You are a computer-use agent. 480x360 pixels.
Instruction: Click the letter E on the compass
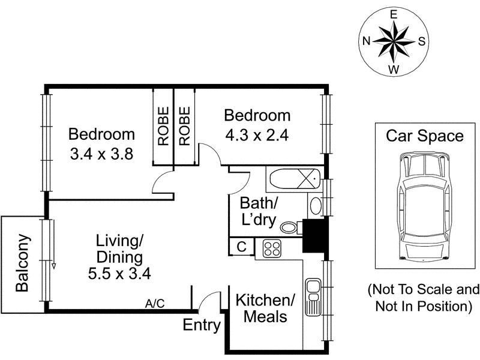tap(394, 14)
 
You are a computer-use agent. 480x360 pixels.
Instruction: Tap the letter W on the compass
tap(394, 70)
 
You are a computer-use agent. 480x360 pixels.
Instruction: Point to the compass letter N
tap(366, 41)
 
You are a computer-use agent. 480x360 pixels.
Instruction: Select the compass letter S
tap(422, 41)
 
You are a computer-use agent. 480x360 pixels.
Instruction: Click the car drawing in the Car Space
tap(424, 207)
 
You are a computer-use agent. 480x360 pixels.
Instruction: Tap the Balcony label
tap(22, 263)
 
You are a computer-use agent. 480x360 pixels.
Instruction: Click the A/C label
tap(155, 304)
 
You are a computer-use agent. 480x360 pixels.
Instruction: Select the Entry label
tap(202, 325)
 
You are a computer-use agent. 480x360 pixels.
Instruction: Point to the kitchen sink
tap(313, 296)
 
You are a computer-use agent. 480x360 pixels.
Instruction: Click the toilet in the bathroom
tap(291, 227)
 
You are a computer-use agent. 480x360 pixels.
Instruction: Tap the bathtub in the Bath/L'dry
tap(295, 179)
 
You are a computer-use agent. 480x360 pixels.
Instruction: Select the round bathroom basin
tap(316, 205)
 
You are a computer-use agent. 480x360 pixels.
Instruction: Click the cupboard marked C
tap(242, 247)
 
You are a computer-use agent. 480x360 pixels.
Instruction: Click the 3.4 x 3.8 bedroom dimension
tap(101, 154)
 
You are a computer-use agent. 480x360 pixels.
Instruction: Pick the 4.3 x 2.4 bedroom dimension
tap(257, 136)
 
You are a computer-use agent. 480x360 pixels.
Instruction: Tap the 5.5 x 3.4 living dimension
tap(119, 274)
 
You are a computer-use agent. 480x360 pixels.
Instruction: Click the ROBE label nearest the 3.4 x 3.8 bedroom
tap(163, 126)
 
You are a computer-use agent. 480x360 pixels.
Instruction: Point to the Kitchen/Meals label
tap(265, 308)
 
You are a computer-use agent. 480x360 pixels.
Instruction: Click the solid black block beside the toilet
tap(315, 235)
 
